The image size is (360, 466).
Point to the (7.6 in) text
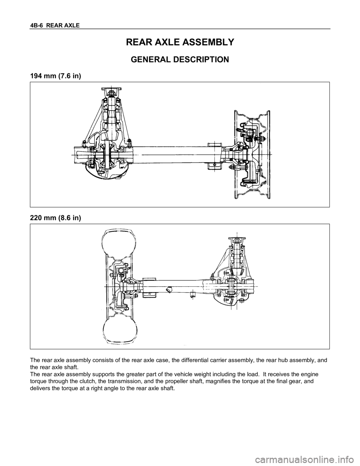69,76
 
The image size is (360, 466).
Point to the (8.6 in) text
69,218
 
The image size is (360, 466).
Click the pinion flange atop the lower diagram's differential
236,233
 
